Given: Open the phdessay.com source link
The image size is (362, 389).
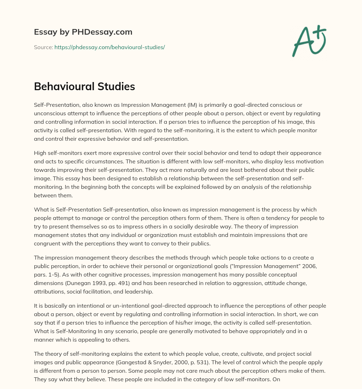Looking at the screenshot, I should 110,47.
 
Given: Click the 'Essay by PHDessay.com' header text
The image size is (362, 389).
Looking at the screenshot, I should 83,32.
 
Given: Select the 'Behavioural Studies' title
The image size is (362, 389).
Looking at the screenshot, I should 84,87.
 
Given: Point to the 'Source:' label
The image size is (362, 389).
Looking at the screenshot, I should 43,47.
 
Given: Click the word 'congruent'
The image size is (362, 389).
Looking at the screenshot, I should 47,244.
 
